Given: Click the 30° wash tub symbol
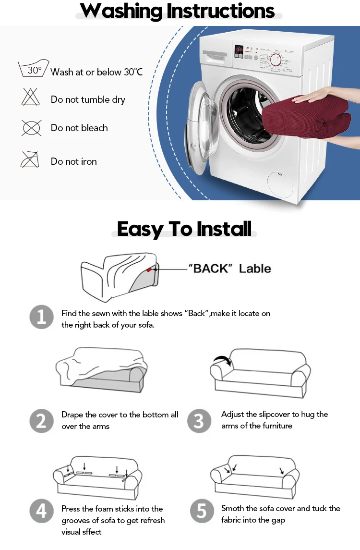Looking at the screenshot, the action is coord(33,68).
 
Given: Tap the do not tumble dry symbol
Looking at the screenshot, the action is coord(31,97).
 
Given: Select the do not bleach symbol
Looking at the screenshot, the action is coord(32,128).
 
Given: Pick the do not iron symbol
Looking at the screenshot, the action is coord(30,159).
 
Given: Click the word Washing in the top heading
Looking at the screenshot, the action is coord(121,11).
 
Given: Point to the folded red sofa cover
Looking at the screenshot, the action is coord(306,116).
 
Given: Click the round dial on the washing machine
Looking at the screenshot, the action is coord(276,60).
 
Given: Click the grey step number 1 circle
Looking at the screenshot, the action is coord(41,317).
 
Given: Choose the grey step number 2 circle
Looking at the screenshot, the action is coord(41,421).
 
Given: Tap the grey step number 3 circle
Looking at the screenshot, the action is coord(199,421).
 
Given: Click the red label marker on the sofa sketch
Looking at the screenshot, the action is coord(149,269).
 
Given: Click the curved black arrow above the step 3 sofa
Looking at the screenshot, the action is coord(222,360).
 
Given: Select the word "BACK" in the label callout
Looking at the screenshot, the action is coord(211,269).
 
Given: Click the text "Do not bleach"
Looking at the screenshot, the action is coord(79,128).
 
